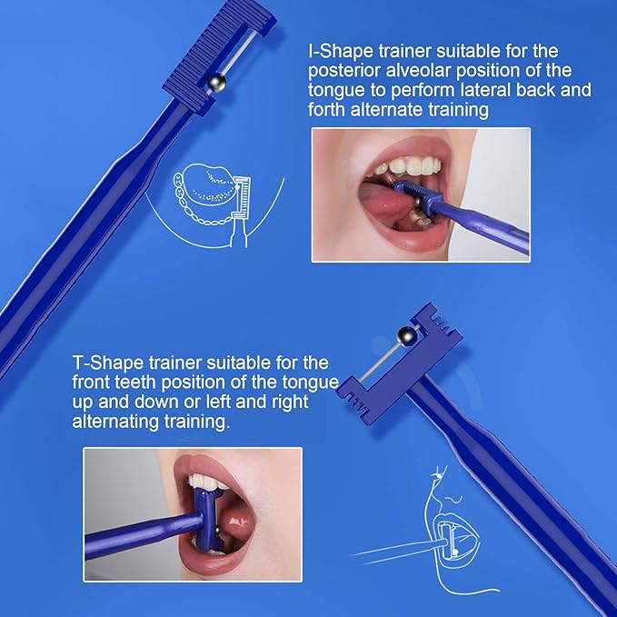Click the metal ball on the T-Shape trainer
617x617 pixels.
click(x=407, y=336)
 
